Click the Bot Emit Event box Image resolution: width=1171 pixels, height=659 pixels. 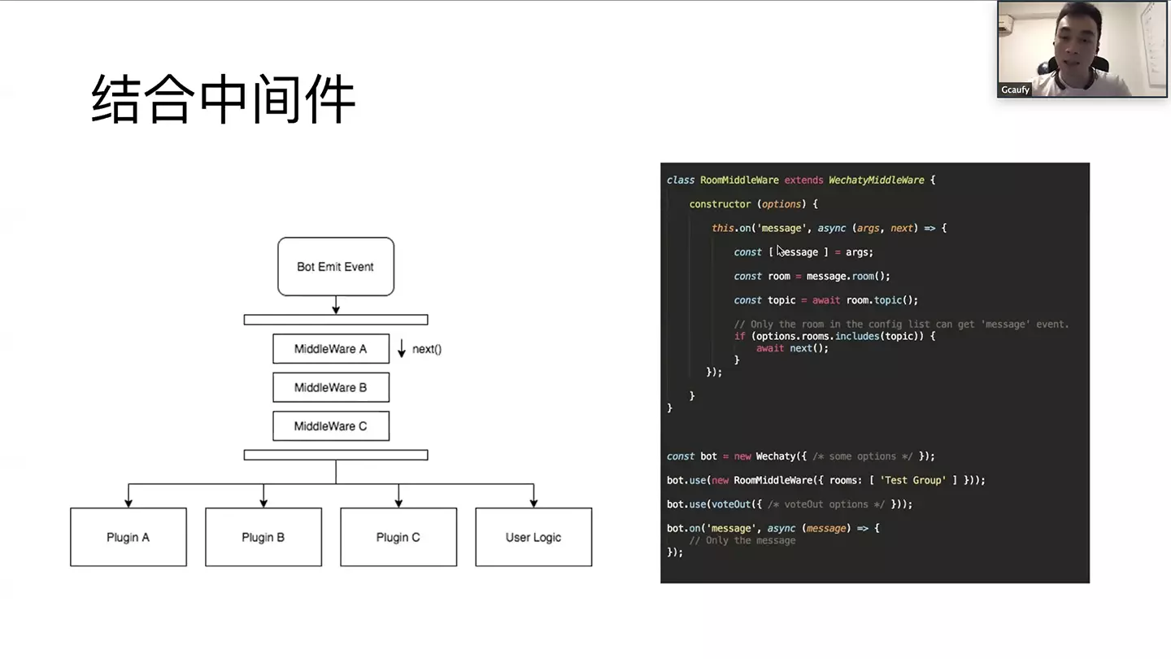click(335, 266)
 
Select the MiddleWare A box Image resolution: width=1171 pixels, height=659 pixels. click(330, 348)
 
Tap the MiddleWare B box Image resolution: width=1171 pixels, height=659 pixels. click(330, 387)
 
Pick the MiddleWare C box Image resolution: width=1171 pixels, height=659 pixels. click(330, 426)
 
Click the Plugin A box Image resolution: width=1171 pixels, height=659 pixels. click(128, 537)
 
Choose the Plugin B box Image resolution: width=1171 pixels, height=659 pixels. click(263, 537)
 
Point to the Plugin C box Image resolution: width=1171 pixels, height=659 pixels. click(398, 537)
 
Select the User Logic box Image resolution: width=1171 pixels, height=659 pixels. click(533, 537)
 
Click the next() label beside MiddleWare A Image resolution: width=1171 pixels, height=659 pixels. click(426, 349)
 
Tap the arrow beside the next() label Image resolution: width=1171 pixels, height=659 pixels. click(401, 348)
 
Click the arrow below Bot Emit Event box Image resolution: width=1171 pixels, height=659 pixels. click(335, 305)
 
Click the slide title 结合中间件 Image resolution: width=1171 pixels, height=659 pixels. click(223, 99)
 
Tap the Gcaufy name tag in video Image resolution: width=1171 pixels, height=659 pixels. click(1015, 89)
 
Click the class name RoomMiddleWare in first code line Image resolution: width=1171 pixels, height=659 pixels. click(738, 180)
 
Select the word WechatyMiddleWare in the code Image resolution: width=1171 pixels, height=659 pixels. click(876, 180)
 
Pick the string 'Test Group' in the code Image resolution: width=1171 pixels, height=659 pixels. click(912, 480)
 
